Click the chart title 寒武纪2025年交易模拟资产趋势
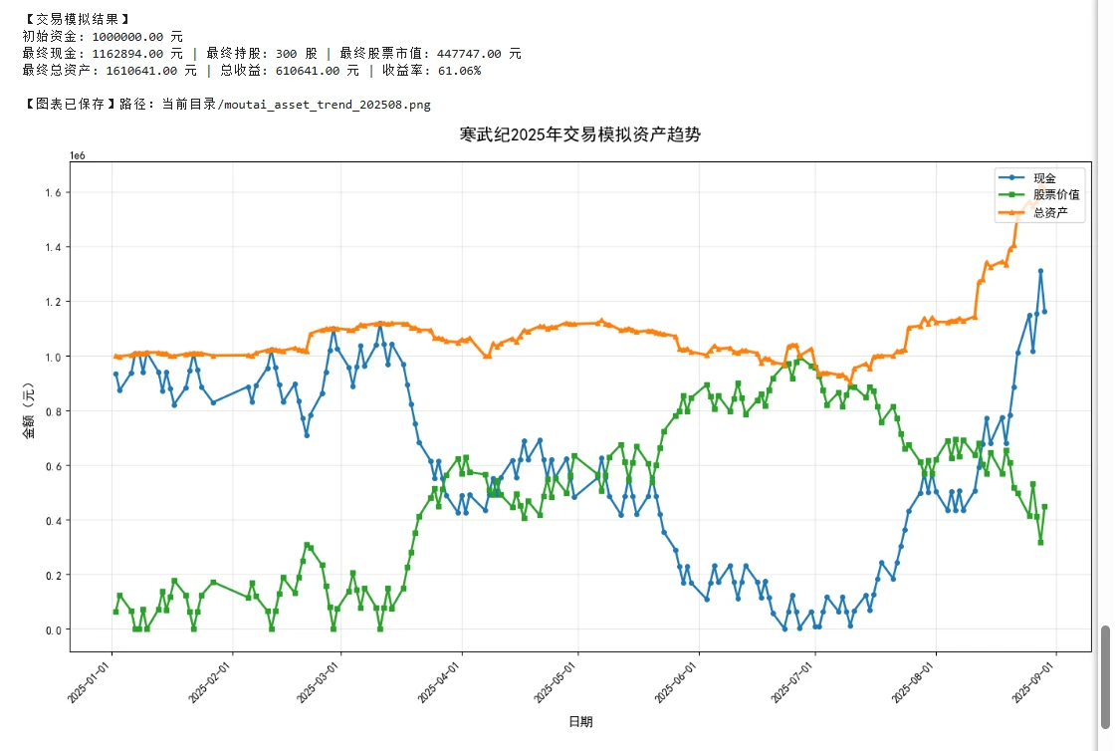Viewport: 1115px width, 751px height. [x=580, y=134]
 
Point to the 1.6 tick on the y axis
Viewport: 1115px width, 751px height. [x=53, y=192]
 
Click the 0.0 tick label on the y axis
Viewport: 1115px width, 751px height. [x=53, y=629]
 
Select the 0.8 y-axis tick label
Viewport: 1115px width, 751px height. [x=53, y=411]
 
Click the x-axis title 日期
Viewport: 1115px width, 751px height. [x=580, y=721]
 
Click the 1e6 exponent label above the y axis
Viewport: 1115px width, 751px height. [x=78, y=155]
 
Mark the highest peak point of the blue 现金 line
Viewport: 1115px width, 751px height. [x=1040, y=271]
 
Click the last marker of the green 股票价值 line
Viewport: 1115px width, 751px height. [x=1044, y=507]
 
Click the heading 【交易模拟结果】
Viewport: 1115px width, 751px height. [x=76, y=19]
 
